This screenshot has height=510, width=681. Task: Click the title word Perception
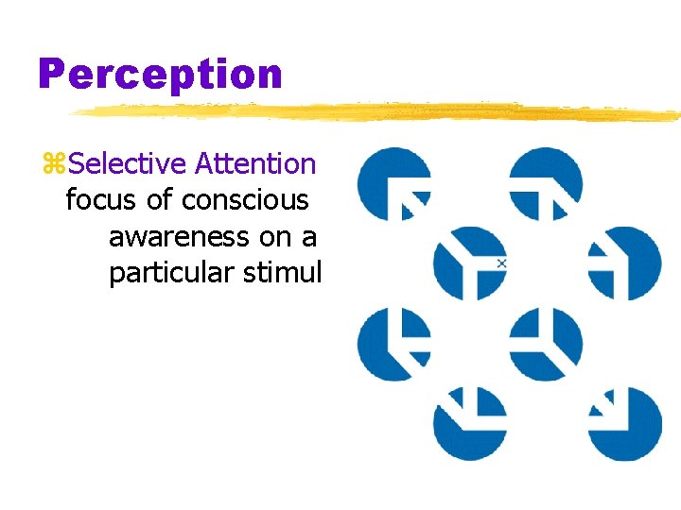point(160,74)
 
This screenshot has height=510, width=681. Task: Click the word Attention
point(255,163)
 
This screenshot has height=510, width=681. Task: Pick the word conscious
point(245,200)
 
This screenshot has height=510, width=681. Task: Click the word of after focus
point(158,200)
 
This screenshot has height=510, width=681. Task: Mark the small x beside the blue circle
point(501,263)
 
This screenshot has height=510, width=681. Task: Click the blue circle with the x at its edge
point(469,263)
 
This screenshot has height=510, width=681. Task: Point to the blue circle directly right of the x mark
point(624,263)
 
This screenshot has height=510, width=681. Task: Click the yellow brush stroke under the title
point(378,111)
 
